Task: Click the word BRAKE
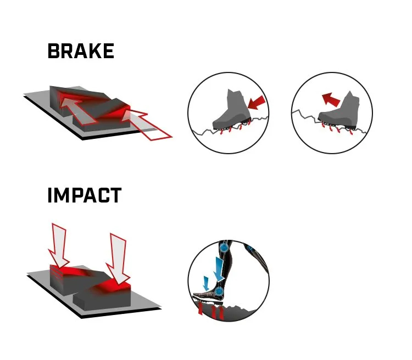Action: pos(81,51)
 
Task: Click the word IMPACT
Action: pos(85,195)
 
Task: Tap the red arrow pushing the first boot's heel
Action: pos(257,103)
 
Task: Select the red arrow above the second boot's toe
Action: pos(331,99)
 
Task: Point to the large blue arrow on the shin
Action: pos(219,269)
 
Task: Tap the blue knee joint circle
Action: pos(224,247)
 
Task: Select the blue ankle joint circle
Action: pos(219,291)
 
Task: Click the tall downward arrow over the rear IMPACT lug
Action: pos(59,246)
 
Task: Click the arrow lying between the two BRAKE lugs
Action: pos(78,110)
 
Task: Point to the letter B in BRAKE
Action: pos(53,51)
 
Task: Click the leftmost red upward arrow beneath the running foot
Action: pos(201,308)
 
